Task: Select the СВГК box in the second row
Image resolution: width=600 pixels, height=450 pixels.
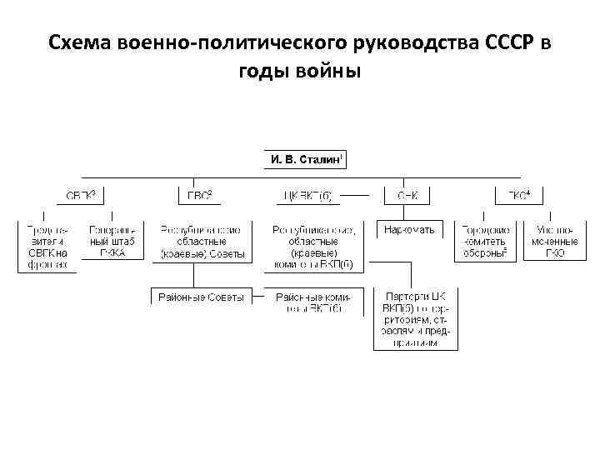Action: [x=81, y=196]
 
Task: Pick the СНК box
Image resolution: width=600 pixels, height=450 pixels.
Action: [x=406, y=196]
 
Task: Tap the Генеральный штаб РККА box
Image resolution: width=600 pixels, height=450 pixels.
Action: [x=107, y=241]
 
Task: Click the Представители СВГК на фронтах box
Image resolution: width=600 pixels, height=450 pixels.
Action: [x=47, y=247]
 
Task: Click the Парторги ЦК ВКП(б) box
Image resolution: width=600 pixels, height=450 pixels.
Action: [x=415, y=319]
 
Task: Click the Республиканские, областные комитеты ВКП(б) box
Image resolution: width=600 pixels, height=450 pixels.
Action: [x=313, y=247]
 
